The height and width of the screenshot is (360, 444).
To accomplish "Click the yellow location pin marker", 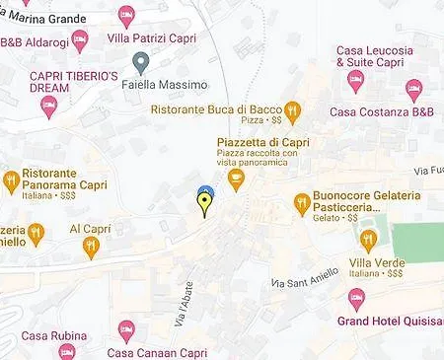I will [205, 204].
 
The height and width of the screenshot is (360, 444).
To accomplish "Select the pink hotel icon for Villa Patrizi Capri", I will [126, 15].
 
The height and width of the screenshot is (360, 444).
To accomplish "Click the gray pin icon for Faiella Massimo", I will [142, 64].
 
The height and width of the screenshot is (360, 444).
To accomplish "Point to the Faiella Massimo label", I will [177, 86].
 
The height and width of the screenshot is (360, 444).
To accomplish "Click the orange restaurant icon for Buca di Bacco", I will [292, 110].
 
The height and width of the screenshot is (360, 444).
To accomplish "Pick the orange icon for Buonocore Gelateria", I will [302, 204].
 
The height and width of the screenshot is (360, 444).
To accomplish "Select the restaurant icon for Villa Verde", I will [368, 240].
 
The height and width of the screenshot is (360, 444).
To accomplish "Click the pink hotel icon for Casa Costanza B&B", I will [413, 91].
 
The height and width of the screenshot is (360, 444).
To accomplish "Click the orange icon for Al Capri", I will [91, 247].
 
